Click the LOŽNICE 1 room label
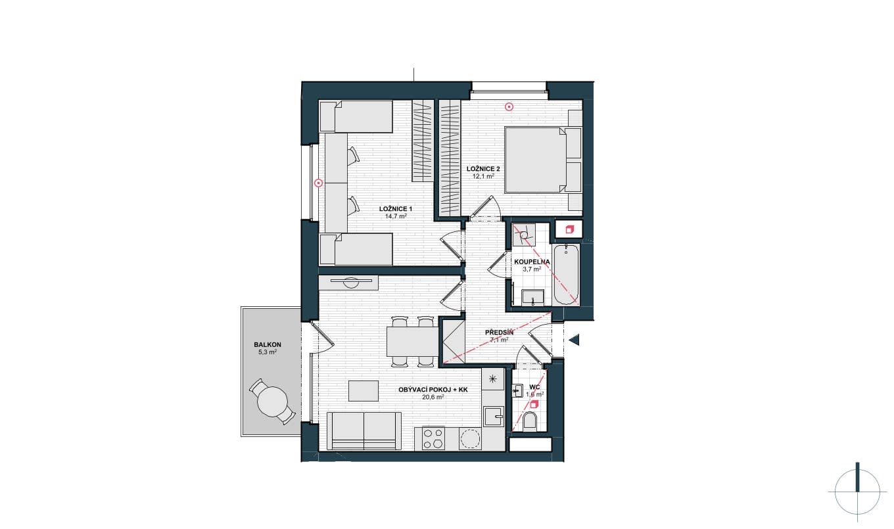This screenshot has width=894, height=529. tap(396, 209)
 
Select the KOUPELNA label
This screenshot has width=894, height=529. tap(532, 262)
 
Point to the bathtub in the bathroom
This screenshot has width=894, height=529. tap(566, 275)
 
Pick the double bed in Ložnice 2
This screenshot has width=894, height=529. tap(535, 160)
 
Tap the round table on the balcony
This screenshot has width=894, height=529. tap(273, 402)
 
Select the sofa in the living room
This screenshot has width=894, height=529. tap(364, 431)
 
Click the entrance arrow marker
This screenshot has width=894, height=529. tap(574, 340)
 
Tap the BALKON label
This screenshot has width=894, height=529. tap(268, 345)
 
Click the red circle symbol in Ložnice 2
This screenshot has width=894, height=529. tap(509, 106)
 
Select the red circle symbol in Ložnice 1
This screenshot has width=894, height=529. tap(318, 183)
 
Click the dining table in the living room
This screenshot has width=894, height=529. tap(412, 342)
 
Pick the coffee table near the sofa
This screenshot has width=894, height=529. tap(363, 390)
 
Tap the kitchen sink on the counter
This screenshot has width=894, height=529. tap(494, 417)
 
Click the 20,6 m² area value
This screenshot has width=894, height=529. tap(433, 397)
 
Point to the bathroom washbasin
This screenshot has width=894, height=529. tap(532, 298)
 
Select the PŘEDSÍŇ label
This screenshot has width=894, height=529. tap(499, 333)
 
